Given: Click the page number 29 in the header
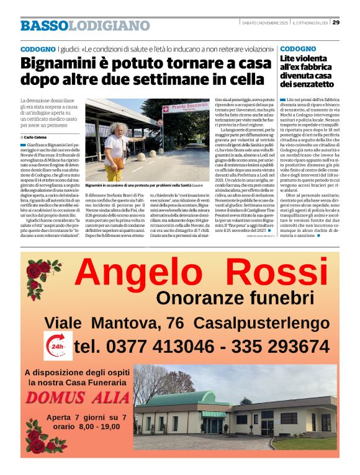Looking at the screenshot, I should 336,23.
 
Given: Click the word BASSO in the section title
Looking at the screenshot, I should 43,25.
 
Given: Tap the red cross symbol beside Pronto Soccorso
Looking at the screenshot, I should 166,109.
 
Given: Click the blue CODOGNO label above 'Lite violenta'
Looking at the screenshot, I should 297,48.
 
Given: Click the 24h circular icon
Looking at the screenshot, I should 58,345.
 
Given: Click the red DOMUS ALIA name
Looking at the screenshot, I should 78,397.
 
